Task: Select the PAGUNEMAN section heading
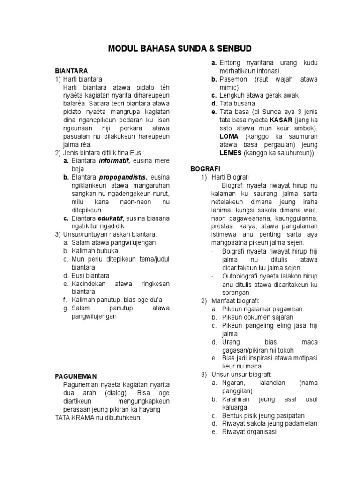(75, 376)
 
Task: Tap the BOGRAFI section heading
(205, 168)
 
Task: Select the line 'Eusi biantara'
(90, 275)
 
